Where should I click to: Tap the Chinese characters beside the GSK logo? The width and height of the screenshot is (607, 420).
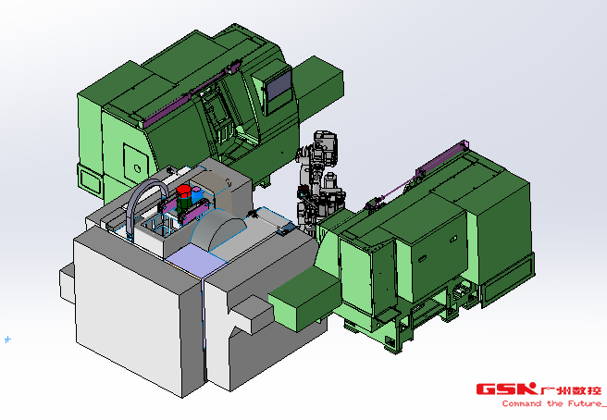tap(570, 389)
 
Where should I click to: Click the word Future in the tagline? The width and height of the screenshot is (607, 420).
tap(584, 403)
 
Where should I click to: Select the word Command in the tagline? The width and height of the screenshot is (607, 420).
tap(522, 403)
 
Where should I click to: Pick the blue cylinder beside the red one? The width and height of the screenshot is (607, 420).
tap(197, 194)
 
